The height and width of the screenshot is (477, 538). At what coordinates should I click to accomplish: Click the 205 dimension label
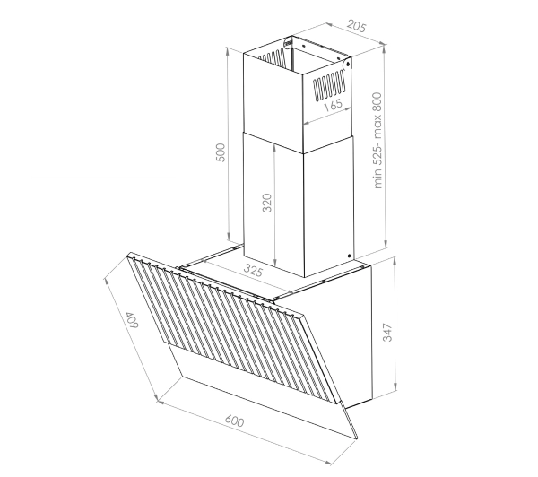point(357,26)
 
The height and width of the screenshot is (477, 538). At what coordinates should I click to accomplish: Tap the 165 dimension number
point(333,105)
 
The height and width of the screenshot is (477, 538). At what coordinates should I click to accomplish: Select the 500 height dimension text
point(221,152)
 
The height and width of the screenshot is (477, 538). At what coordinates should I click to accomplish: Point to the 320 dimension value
point(267,203)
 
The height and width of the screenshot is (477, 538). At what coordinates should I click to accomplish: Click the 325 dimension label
point(253,271)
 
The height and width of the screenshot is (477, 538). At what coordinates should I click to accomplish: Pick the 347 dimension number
point(387,332)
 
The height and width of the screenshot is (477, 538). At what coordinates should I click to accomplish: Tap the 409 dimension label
point(132,320)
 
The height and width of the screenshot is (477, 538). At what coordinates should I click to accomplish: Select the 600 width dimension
point(234,421)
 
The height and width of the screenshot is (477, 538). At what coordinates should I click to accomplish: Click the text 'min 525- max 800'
point(377,141)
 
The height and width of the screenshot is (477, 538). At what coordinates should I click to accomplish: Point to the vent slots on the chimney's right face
point(329,85)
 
